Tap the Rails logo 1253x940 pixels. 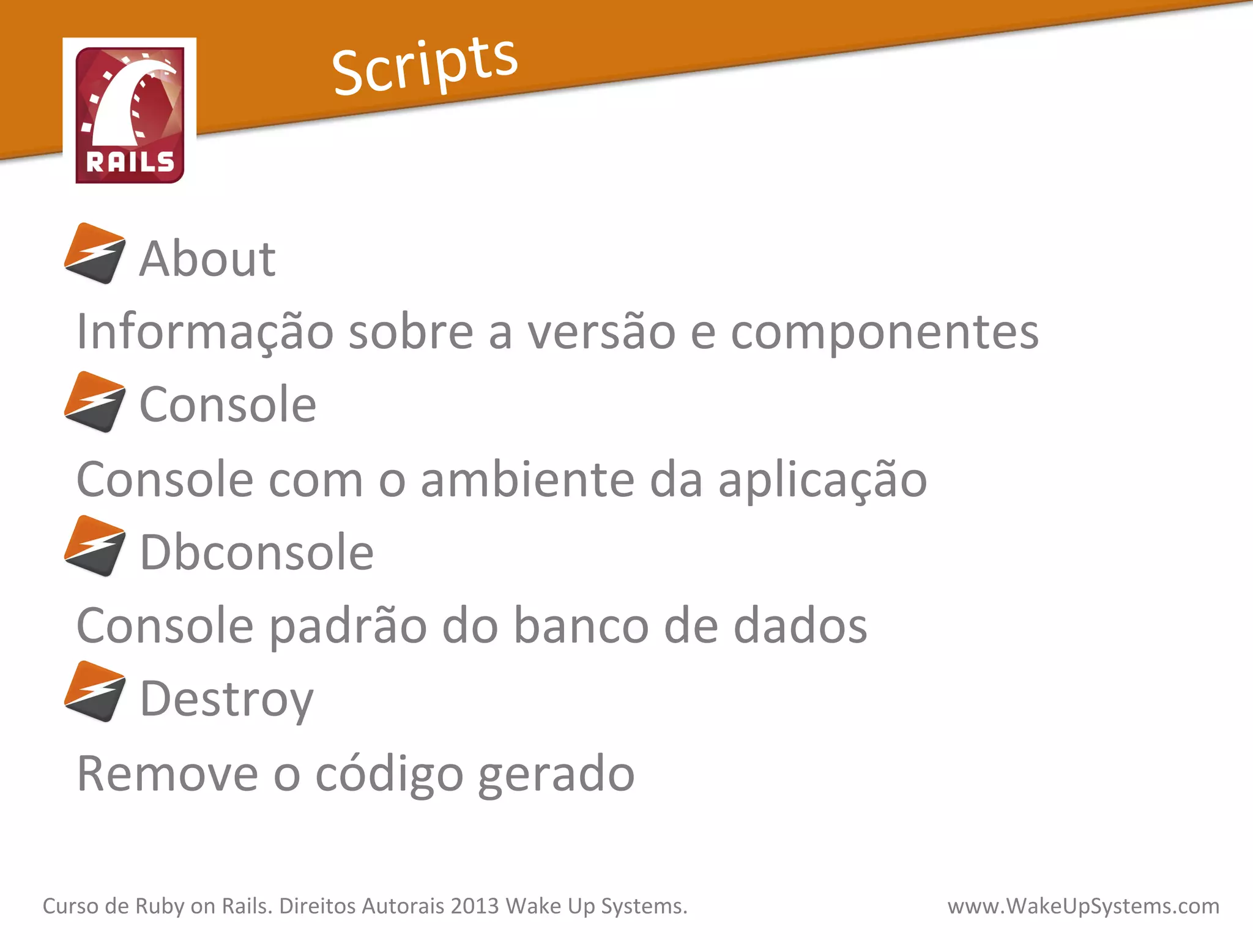tap(130, 114)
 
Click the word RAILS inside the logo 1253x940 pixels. tap(130, 162)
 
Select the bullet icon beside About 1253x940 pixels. tap(95, 253)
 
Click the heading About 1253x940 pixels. tap(207, 258)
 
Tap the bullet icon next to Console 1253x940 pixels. tap(95, 401)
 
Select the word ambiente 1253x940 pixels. tap(527, 480)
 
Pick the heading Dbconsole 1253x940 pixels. tap(256, 552)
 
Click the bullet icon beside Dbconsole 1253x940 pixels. tap(95, 546)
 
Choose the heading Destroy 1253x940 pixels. tap(226, 699)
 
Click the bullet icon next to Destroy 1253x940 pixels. tap(95, 692)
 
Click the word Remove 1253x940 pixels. tap(168, 774)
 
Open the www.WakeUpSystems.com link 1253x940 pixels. tap(1083, 906)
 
